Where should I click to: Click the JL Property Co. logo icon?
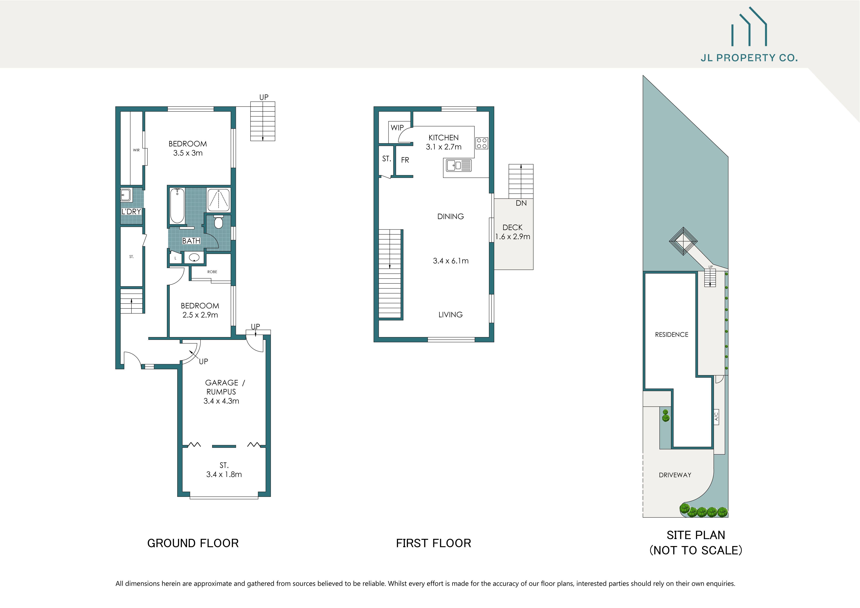click(x=749, y=27)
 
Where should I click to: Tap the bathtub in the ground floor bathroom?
click(x=177, y=206)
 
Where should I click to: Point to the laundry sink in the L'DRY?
click(x=126, y=195)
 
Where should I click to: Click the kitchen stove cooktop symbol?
click(x=482, y=143)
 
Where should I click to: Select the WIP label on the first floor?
click(x=397, y=128)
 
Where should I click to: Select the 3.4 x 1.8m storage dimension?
click(x=224, y=474)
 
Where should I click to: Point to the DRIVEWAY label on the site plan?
click(x=675, y=475)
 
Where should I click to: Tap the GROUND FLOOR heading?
click(x=193, y=543)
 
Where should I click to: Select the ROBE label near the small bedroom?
click(x=212, y=272)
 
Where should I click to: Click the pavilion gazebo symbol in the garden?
click(x=684, y=241)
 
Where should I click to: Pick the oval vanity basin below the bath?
click(x=194, y=257)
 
